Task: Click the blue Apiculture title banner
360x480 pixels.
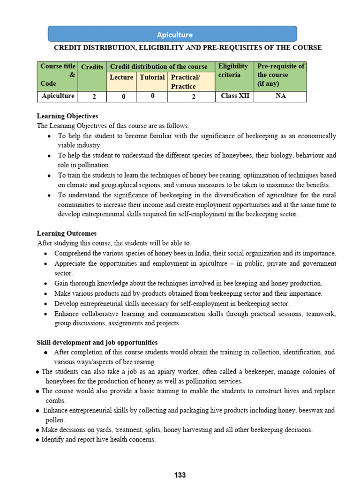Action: [x=172, y=34]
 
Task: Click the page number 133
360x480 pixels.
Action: [x=180, y=475]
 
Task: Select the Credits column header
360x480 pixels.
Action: [x=92, y=67]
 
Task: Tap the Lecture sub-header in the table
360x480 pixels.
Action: [x=121, y=77]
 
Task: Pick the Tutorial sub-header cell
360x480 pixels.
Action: [x=152, y=77]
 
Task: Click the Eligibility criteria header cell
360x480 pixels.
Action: [x=233, y=71]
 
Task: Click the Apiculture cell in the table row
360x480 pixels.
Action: [x=58, y=96]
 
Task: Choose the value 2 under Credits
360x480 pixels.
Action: [x=94, y=97]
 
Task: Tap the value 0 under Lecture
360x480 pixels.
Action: [x=122, y=97]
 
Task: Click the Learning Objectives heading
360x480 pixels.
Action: [x=67, y=116]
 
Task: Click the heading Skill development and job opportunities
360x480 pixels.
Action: [x=97, y=342]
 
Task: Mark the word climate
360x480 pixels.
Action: [x=78, y=185]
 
